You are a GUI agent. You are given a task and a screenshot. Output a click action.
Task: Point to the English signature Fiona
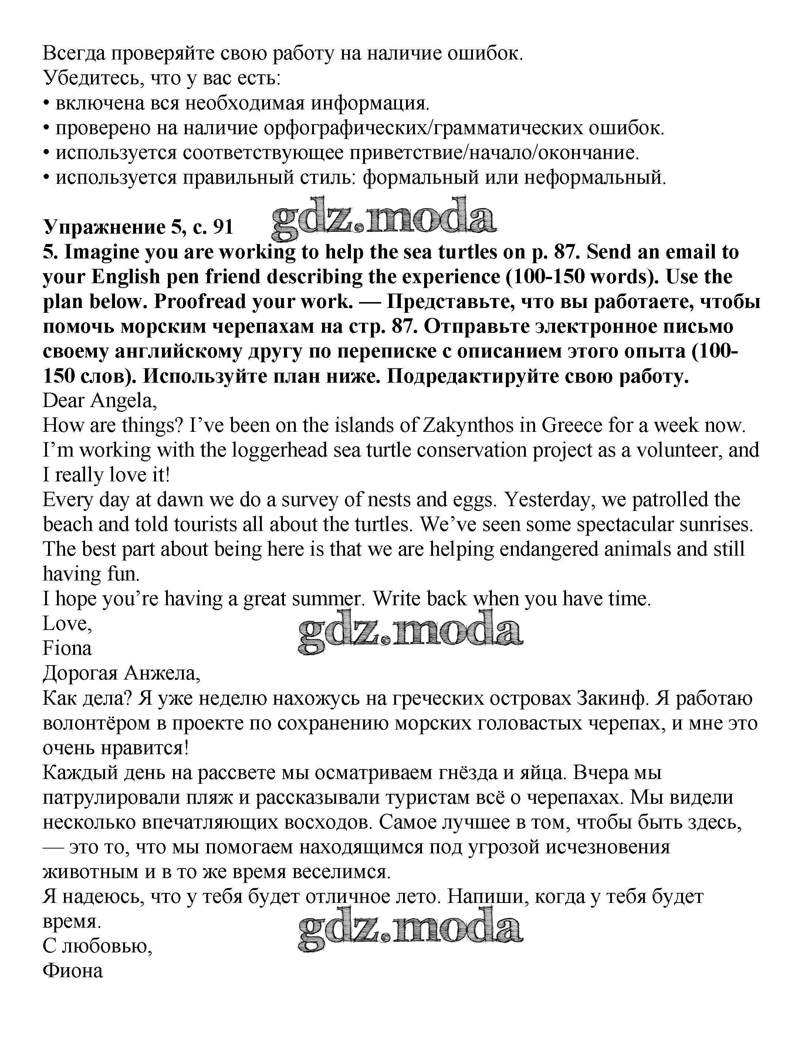pos(67,648)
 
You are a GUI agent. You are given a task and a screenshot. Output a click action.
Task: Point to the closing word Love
pos(67,623)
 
